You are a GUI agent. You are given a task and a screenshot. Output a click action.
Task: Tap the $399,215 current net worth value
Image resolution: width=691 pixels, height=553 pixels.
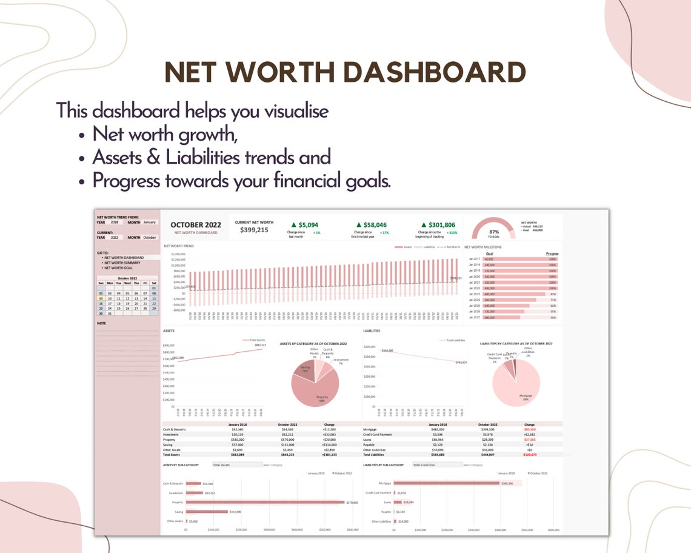point(254,230)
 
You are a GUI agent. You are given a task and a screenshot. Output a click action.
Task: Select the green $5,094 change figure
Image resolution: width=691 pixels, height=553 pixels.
point(308,225)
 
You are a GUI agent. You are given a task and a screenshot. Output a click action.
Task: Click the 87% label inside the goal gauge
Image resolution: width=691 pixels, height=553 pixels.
point(494,231)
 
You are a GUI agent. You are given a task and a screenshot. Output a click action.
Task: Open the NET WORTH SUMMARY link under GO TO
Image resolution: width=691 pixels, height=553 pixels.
point(123,263)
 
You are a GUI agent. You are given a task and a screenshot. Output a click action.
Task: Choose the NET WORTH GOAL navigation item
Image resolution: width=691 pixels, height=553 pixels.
point(119,267)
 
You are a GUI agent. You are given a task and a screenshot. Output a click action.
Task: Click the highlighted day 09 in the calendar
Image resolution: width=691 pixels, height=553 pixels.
point(101,298)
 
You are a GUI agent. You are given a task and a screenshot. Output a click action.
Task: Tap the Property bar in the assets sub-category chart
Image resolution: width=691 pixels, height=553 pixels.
point(264,502)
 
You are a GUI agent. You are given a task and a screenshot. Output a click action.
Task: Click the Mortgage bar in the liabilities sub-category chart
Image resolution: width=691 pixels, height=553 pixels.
point(446,483)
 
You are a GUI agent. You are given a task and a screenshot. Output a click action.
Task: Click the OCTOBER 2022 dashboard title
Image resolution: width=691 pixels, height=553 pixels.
point(196,225)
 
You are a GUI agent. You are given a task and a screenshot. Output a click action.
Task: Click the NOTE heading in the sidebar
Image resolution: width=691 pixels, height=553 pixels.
point(101,323)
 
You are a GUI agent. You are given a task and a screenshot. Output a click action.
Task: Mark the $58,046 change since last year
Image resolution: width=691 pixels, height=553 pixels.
point(371,225)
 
